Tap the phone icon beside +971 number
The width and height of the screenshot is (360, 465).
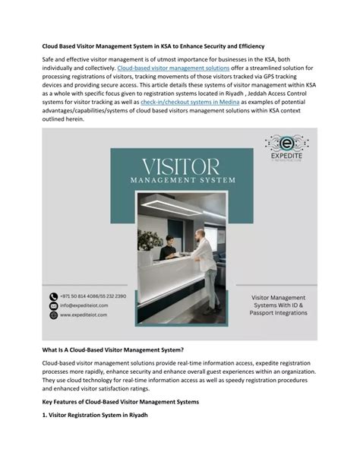(x=53, y=296)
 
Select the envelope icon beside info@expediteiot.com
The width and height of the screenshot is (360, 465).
(x=53, y=305)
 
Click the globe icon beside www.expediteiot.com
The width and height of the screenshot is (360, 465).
(x=53, y=315)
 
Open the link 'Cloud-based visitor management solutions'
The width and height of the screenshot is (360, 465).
(x=163, y=68)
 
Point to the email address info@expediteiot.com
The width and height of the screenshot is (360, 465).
(x=84, y=305)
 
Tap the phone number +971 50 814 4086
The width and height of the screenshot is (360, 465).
(x=80, y=296)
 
